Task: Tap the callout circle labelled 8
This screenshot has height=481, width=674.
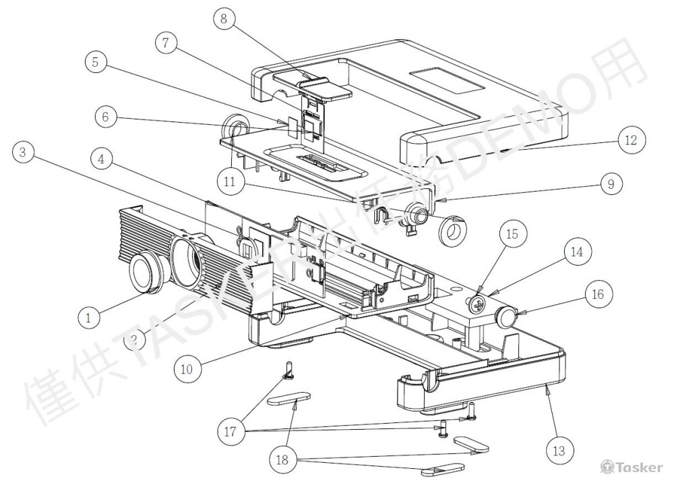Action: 224,19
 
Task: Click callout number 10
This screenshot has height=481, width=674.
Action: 187,369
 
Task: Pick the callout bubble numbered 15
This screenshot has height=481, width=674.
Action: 512,235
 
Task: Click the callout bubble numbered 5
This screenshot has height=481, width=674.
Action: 96,63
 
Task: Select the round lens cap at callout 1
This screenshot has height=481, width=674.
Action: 144,273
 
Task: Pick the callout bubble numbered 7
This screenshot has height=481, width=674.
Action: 166,43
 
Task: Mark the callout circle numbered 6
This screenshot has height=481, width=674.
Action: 105,117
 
